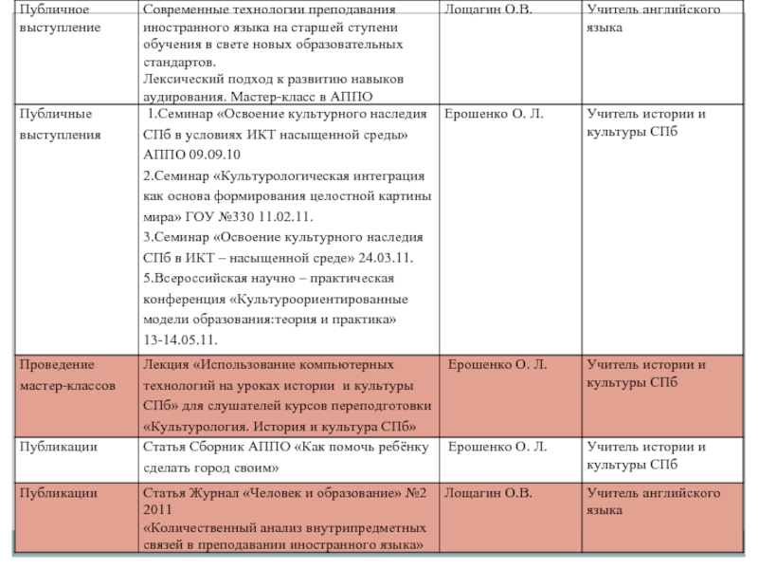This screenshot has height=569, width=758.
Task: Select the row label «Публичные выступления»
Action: coord(60,124)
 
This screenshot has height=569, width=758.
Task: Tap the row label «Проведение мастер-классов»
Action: coord(67,376)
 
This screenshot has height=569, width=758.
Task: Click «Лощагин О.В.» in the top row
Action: coord(488,9)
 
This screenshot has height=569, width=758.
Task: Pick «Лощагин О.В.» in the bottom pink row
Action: coord(488,493)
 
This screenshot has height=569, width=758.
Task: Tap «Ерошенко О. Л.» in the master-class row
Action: coord(497,364)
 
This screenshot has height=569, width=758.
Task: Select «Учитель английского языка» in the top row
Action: coord(653,19)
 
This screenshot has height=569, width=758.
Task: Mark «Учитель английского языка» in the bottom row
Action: coord(653,502)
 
